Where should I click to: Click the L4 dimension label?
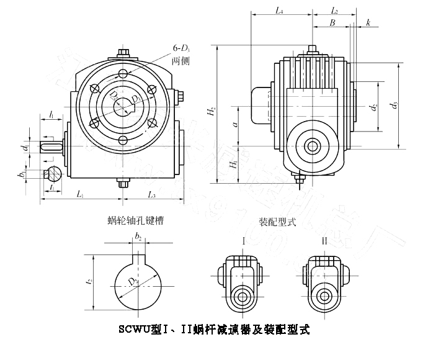[279, 11]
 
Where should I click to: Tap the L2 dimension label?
[334, 11]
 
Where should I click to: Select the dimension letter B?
[332, 22]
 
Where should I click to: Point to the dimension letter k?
[368, 22]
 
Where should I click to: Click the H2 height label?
[212, 112]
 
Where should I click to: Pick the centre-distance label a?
[234, 124]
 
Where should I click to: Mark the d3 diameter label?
[394, 106]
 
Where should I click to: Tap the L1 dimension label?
[81, 194]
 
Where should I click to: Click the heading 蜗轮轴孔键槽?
[135, 220]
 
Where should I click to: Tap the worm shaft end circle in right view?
[312, 146]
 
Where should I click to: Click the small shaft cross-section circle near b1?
[54, 173]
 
